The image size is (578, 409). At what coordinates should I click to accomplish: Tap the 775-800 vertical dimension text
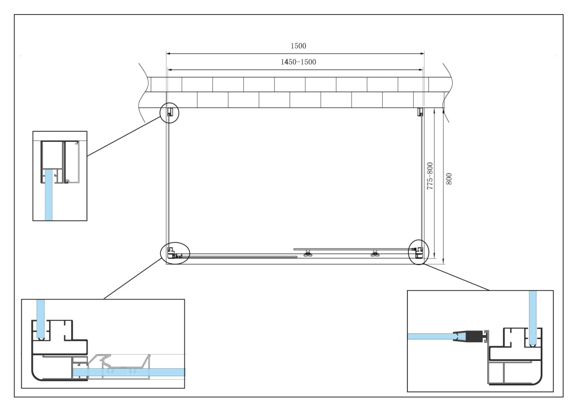pos(430,176)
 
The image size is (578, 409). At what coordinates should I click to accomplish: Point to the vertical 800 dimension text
pos(449,179)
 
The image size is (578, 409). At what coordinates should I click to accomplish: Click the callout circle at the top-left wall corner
pos(169,113)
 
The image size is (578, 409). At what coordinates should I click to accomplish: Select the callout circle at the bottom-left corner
pos(175,253)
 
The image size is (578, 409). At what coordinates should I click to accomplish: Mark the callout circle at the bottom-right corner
pos(418,251)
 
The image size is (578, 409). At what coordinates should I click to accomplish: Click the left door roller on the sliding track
pos(306,253)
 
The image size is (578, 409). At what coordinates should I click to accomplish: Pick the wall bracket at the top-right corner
pos(420,112)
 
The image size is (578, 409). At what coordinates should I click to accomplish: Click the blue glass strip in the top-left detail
pos(49,195)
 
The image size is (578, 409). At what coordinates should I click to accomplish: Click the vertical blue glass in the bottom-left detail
pos(40,318)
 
